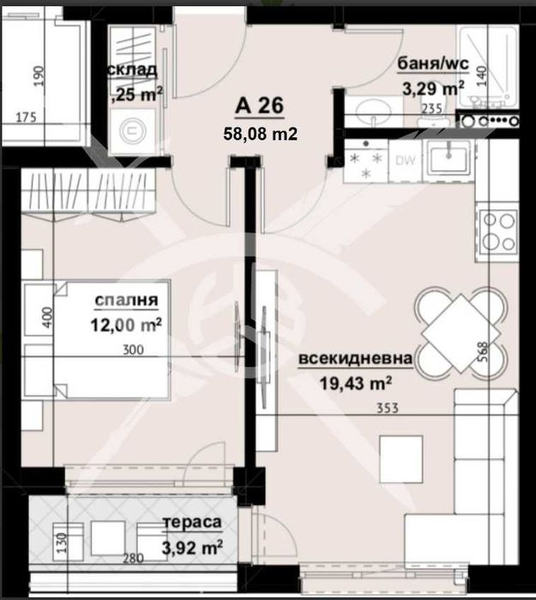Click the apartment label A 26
click(258, 107)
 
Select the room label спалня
click(126, 300)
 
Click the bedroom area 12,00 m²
click(127, 324)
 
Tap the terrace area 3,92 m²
click(193, 543)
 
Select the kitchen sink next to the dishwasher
click(447, 158)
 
